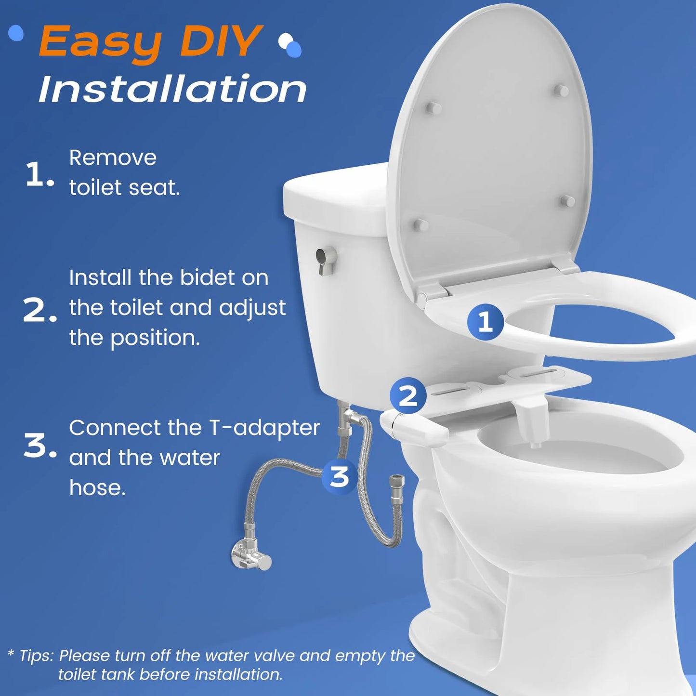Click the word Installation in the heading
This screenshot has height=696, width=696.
click(172, 89)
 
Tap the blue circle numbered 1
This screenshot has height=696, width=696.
click(485, 322)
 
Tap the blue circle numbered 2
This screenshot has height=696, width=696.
click(408, 396)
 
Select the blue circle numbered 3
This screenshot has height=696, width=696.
click(340, 476)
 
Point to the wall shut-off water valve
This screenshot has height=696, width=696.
click(250, 555)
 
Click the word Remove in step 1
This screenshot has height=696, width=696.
click(113, 158)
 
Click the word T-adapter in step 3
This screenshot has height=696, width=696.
click(264, 428)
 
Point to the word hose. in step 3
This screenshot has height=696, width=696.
click(97, 487)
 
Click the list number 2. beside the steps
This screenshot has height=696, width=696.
click(39, 311)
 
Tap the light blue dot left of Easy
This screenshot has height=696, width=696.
click(16, 33)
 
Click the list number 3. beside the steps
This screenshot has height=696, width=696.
click(39, 446)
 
